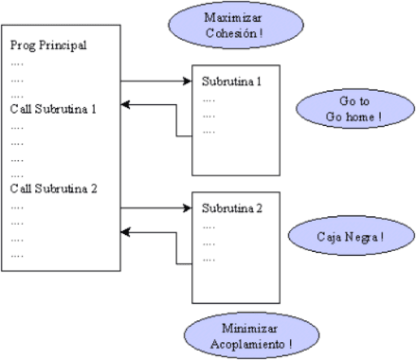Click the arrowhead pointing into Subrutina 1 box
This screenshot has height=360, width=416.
point(185,80)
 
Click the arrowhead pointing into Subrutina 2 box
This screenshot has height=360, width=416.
point(185,207)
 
